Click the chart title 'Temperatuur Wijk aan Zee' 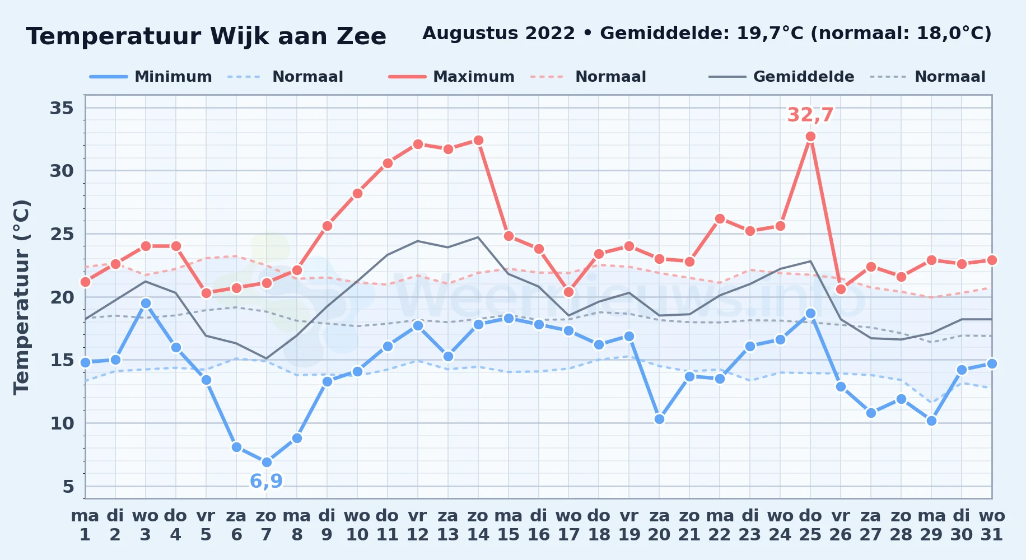tap(206, 36)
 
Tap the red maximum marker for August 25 tap(810, 136)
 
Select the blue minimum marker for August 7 tap(267, 462)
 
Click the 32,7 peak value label tap(810, 115)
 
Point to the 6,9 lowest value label tap(266, 481)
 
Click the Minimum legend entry tap(151, 77)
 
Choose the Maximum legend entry tap(451, 77)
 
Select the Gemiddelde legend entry tap(781, 77)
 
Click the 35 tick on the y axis tap(62, 108)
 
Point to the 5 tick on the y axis tap(68, 486)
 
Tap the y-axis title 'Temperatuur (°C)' tap(21, 297)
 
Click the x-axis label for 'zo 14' tap(478, 525)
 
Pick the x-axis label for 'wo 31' tap(992, 525)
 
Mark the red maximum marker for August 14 tap(478, 140)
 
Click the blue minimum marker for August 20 tap(659, 419)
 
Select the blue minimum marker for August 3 tap(146, 303)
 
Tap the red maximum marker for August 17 tap(568, 292)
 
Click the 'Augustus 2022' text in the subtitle tap(498, 34)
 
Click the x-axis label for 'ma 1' tap(85, 525)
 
